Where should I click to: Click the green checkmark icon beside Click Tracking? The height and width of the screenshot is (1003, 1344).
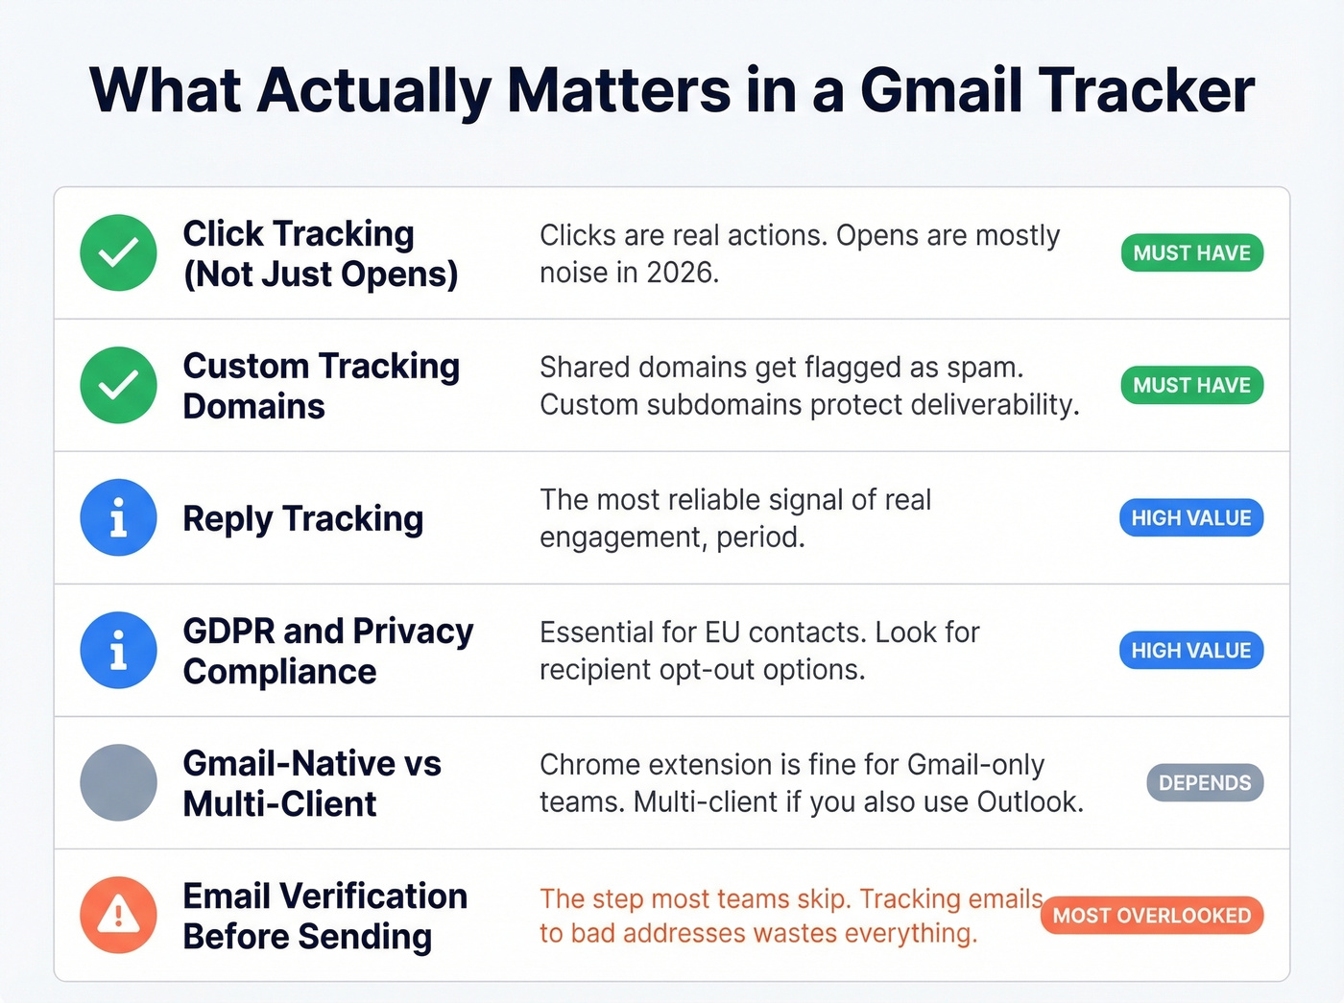pyautogui.click(x=118, y=252)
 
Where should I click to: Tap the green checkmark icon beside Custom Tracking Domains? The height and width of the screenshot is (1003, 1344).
pyautogui.click(x=118, y=385)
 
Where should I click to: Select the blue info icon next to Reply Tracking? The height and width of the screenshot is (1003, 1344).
pyautogui.click(x=118, y=517)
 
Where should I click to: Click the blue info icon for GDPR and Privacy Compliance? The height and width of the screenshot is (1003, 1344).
pyautogui.click(x=118, y=650)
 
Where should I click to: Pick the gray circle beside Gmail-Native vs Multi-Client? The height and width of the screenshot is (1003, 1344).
pyautogui.click(x=118, y=782)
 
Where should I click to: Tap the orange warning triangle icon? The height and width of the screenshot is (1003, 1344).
pyautogui.click(x=118, y=915)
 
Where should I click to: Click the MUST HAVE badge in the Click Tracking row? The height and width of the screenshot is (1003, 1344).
pyautogui.click(x=1191, y=253)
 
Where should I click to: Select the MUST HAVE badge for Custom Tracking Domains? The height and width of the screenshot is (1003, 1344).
pyautogui.click(x=1191, y=386)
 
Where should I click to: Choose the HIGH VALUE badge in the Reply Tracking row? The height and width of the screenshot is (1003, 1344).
pyautogui.click(x=1190, y=518)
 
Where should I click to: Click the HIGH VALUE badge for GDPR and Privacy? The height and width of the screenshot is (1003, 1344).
pyautogui.click(x=1190, y=651)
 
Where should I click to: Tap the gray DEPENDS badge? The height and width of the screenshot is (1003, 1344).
pyautogui.click(x=1205, y=783)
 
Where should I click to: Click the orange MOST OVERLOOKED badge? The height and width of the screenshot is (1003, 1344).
pyautogui.click(x=1152, y=916)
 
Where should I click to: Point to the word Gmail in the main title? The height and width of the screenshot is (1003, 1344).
pyautogui.click(x=940, y=91)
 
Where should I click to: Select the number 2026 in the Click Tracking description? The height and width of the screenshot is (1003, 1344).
pyautogui.click(x=681, y=273)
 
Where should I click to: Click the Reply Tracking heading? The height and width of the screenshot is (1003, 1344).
pyautogui.click(x=302, y=518)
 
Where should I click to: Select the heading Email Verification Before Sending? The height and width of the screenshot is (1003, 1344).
pyautogui.click(x=324, y=916)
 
